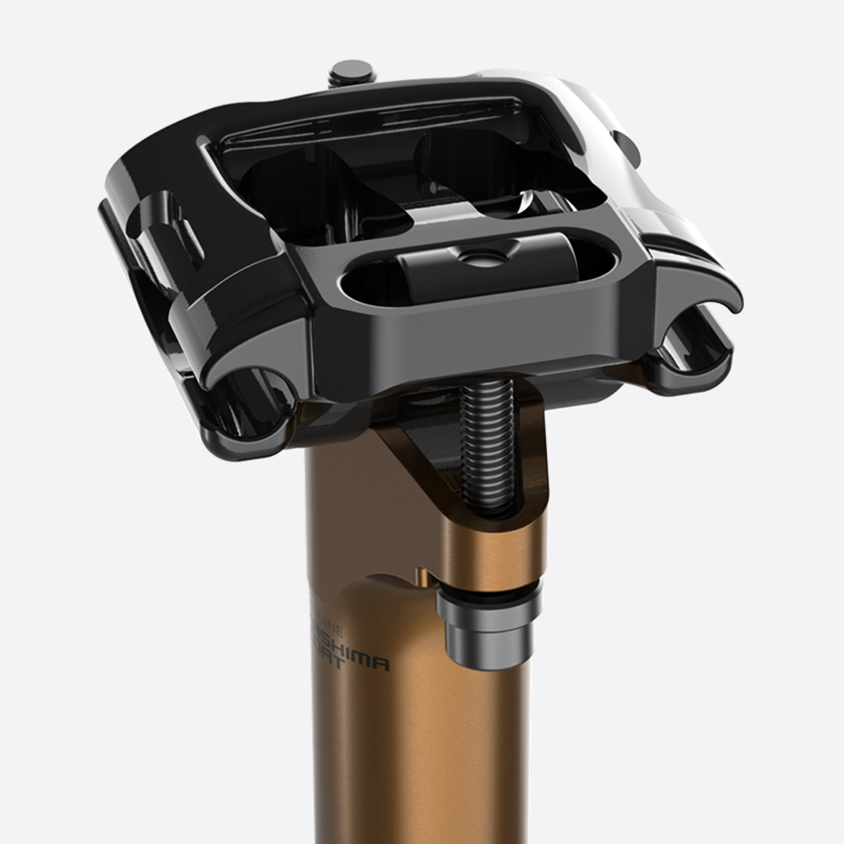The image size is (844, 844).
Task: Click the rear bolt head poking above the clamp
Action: click(x=353, y=71)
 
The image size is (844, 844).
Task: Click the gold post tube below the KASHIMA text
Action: click(x=405, y=760)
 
